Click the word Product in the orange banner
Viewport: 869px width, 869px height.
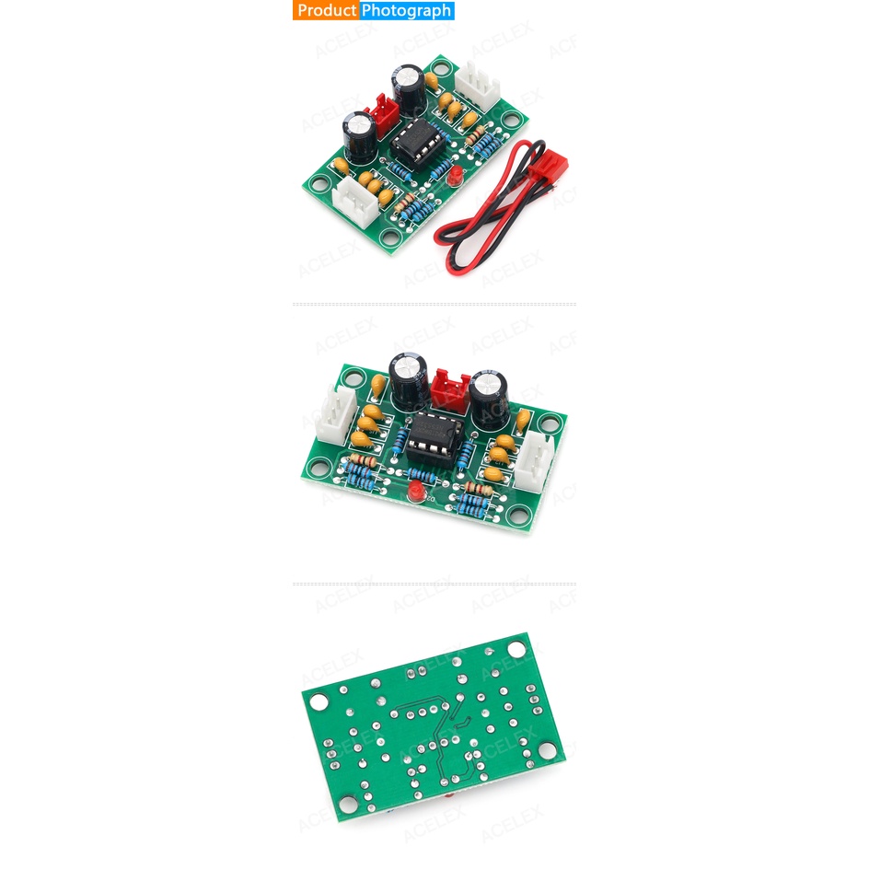pos(326,11)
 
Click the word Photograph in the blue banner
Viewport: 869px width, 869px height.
pos(406,11)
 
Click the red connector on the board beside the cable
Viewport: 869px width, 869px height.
pos(384,114)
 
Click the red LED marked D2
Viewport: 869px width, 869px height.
pos(415,490)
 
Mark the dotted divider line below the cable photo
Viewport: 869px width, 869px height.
pos(434,304)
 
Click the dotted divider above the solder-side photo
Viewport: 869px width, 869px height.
pos(434,584)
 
